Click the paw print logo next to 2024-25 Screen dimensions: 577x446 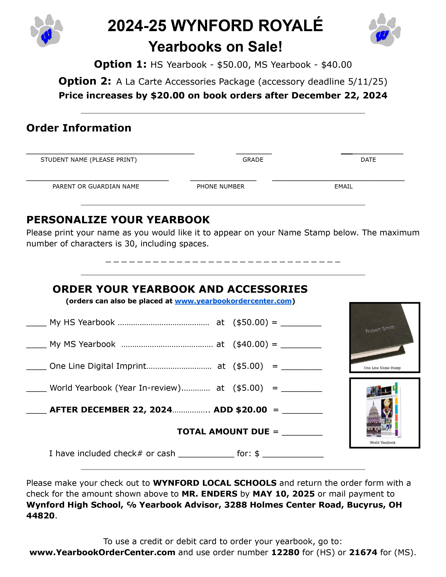pyautogui.click(x=47, y=31)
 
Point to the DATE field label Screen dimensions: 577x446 pyautogui.click(x=368, y=160)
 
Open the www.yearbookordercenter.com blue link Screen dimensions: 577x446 pyautogui.click(x=233, y=301)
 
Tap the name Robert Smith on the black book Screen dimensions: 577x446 pyautogui.click(x=380, y=329)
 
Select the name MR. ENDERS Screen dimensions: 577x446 pyautogui.click(x=209, y=494)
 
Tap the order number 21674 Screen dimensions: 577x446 pyautogui.click(x=363, y=552)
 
